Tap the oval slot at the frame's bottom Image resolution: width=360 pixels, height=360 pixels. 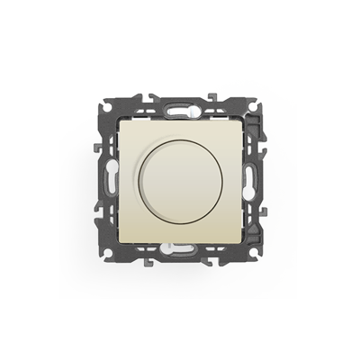pos(180,251)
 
